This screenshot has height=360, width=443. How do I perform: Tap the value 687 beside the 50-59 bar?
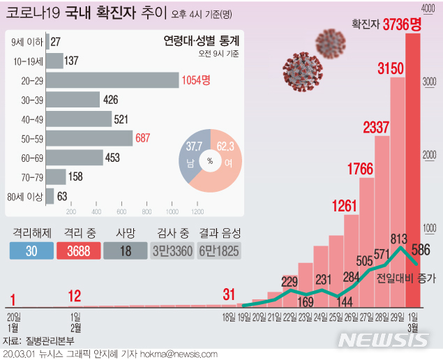pyautogui.click(x=143, y=138)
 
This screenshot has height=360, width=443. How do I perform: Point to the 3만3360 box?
pyautogui.click(x=173, y=251)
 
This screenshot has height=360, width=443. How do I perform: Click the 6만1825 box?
pyautogui.click(x=219, y=251)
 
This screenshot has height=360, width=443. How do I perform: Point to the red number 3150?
pyautogui.click(x=391, y=69)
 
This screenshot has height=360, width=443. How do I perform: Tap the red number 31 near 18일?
pyautogui.click(x=230, y=295)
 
